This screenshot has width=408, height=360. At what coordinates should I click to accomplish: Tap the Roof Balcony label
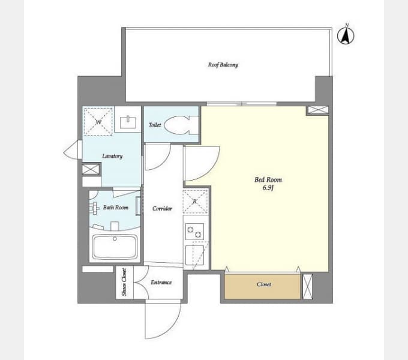pyautogui.click(x=223, y=65)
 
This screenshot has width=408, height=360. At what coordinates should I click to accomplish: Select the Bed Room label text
pyautogui.click(x=268, y=179)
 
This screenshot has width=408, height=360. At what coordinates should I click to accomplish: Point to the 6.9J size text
pyautogui.click(x=268, y=188)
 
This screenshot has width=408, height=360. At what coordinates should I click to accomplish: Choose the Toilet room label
pyautogui.click(x=154, y=125)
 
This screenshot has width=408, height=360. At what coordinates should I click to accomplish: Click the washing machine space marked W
pyautogui.click(x=97, y=121)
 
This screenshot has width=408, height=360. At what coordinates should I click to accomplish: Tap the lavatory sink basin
pyautogui.click(x=127, y=122)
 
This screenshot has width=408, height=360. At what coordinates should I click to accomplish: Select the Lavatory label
pyautogui.click(x=112, y=156)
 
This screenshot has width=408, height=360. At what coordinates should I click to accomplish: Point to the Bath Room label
pyautogui.click(x=115, y=208)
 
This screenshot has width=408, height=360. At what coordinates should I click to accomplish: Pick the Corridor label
pyautogui.click(x=162, y=208)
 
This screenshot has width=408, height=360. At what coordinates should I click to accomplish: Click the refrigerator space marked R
pyautogui.click(x=196, y=202)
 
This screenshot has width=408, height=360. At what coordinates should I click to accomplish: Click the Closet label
pyautogui.click(x=263, y=284)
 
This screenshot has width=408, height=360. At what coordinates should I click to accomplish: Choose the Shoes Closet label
pyautogui.click(x=124, y=283)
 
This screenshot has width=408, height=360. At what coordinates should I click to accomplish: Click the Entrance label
pyautogui.click(x=161, y=282)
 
